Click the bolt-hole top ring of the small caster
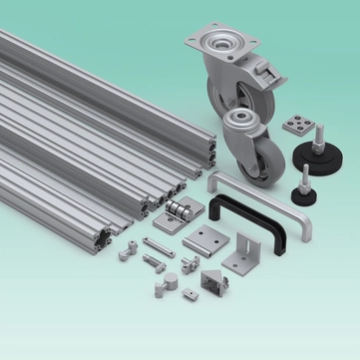242,122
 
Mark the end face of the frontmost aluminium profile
106,238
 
